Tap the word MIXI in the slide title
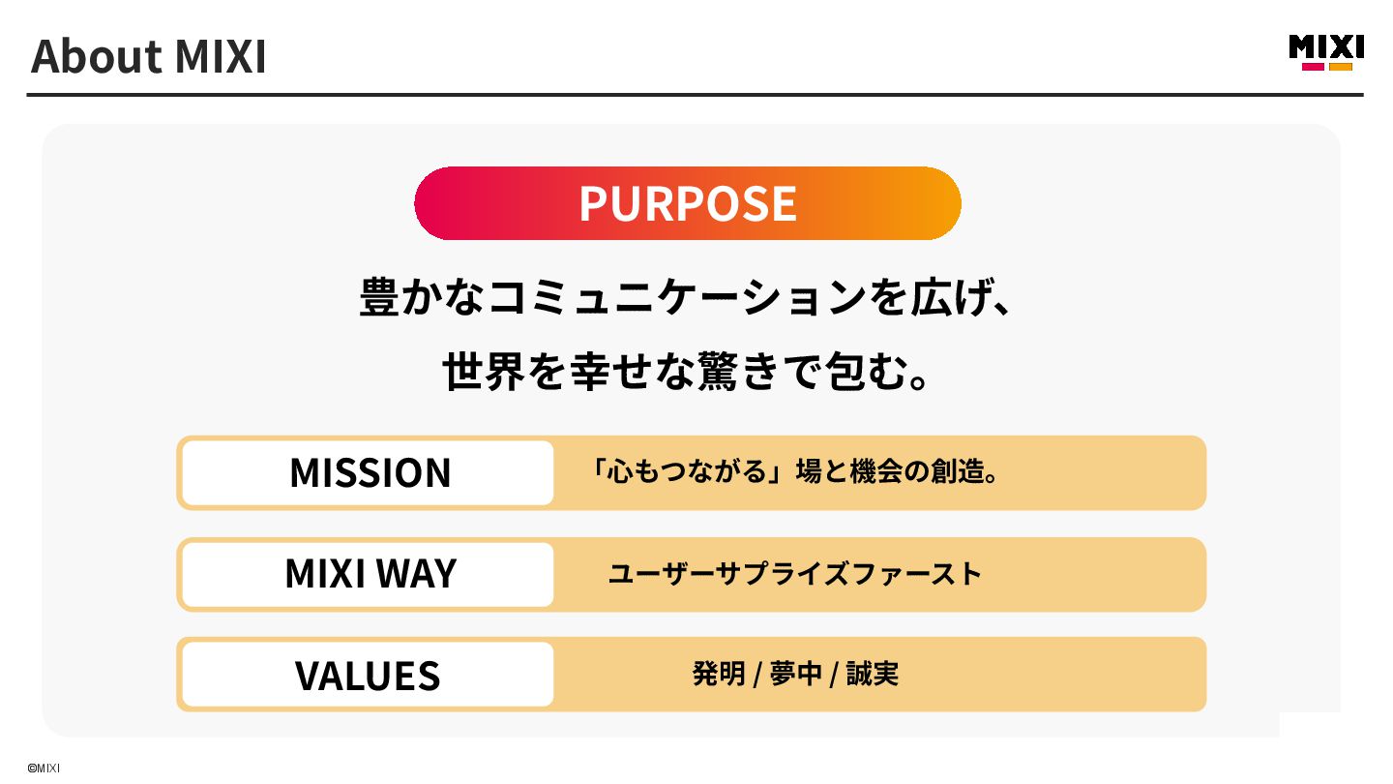click(x=220, y=57)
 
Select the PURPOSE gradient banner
click(x=688, y=203)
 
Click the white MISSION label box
click(x=369, y=472)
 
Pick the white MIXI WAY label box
click(x=369, y=574)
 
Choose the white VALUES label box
click(x=369, y=675)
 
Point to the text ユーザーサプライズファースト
click(x=794, y=574)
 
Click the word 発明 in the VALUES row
click(x=718, y=674)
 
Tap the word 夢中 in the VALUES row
click(x=795, y=674)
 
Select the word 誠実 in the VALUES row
click(x=873, y=674)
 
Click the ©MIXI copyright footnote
click(x=44, y=768)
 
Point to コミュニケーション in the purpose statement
click(x=676, y=298)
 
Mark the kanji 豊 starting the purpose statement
click(x=380, y=298)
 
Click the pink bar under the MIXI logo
click(x=1313, y=67)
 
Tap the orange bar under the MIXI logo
click(x=1341, y=67)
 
